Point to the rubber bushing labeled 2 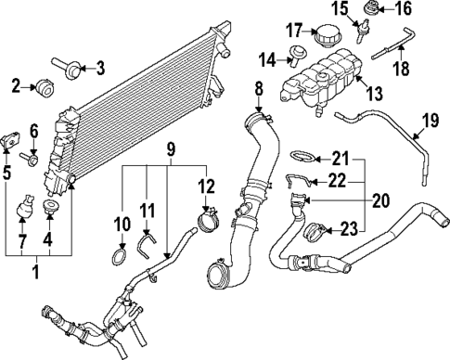(43, 88)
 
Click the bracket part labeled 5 (13, 134)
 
